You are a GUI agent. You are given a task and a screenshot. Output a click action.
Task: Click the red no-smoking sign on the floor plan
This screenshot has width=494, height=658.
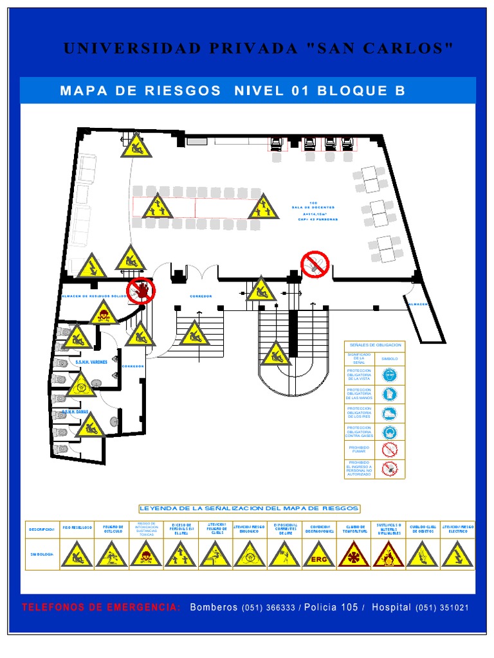pyautogui.click(x=315, y=264)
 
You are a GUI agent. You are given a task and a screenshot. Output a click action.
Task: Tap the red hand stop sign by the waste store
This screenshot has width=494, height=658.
pyautogui.click(x=141, y=290)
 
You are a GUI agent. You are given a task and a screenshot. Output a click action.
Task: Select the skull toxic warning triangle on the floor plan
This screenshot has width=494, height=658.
pyautogui.click(x=103, y=314)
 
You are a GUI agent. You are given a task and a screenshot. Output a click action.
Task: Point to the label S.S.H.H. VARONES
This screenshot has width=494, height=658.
pyautogui.click(x=91, y=362)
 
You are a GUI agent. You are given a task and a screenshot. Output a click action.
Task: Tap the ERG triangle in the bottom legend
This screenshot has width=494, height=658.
pyautogui.click(x=319, y=555)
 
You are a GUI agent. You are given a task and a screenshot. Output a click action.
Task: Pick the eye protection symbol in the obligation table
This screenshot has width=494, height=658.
pyautogui.click(x=390, y=375)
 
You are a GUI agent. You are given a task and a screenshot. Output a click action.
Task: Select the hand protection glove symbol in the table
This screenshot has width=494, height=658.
pyautogui.click(x=390, y=394)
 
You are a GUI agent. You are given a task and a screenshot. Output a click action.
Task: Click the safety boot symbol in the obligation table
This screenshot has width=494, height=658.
pyautogui.click(x=390, y=413)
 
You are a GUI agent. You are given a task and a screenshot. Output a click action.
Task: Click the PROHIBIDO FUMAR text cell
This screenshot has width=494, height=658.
pyautogui.click(x=359, y=450)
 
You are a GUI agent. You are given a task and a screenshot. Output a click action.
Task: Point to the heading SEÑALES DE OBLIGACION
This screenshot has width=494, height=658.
pyautogui.click(x=374, y=345)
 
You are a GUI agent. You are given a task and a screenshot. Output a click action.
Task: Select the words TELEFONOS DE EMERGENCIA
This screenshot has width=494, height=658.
pyautogui.click(x=101, y=608)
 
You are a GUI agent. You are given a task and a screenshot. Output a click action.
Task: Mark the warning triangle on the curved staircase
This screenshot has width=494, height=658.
pyautogui.click(x=276, y=353)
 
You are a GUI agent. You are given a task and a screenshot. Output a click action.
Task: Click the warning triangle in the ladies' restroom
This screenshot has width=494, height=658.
pyautogui.click(x=90, y=425)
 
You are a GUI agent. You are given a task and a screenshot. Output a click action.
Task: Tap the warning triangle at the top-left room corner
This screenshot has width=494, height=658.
pyautogui.click(x=136, y=146)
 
